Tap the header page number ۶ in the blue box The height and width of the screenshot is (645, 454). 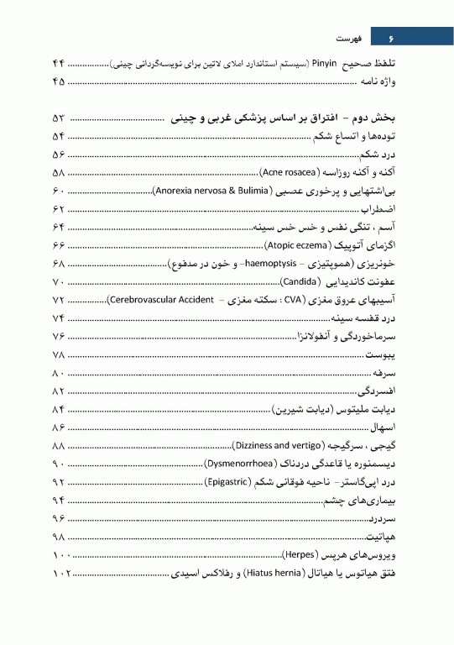pyautogui.click(x=390, y=38)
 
